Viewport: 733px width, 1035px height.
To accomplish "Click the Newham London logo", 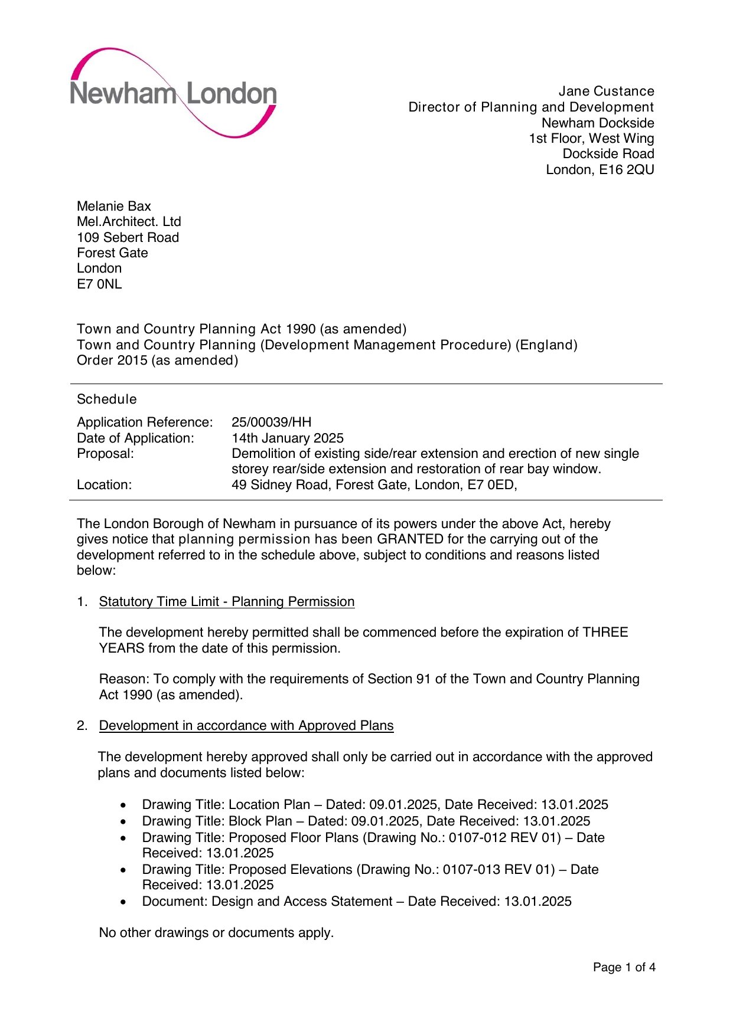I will click(173, 93).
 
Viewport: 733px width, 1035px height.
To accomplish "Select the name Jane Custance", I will click(606, 91).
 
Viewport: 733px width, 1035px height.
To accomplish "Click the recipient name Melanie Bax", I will click(114, 207).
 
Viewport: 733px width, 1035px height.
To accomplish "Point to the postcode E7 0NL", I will click(99, 284).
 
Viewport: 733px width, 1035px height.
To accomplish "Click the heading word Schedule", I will click(107, 399).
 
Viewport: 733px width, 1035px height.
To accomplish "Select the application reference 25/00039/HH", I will click(271, 422).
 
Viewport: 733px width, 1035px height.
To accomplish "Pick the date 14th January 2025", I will click(288, 438).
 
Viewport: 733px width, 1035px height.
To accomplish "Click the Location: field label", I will click(105, 485).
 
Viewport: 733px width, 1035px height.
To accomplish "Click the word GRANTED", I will click(410, 539).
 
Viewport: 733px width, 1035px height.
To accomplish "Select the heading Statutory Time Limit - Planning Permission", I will click(227, 602).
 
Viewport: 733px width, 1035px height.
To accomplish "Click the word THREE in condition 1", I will click(605, 633).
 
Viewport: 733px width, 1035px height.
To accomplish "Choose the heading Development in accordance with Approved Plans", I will click(246, 726).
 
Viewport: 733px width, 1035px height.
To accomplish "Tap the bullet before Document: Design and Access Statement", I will click(123, 902).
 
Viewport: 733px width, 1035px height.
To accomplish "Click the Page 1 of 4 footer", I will click(624, 967).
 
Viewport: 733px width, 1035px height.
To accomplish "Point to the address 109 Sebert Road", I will click(128, 238).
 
